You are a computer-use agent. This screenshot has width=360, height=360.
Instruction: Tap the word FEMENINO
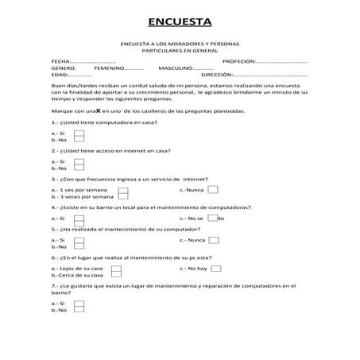click(x=108, y=68)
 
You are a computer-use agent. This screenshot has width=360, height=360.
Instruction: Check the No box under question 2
click(x=79, y=168)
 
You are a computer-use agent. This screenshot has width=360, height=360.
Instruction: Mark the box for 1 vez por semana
click(x=122, y=191)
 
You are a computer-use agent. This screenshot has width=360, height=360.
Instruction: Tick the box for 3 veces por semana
click(x=122, y=197)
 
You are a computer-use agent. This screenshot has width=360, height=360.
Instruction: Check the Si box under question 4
click(x=79, y=218)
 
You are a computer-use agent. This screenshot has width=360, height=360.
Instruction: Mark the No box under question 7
click(x=79, y=310)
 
